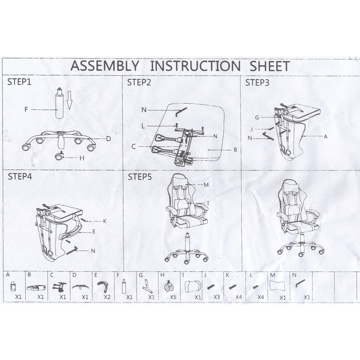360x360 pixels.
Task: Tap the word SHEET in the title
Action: pyautogui.click(x=270, y=66)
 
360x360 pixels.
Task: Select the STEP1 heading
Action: pyautogui.click(x=19, y=82)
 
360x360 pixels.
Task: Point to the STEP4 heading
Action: pyautogui.click(x=20, y=176)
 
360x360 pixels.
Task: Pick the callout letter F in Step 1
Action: pyautogui.click(x=26, y=109)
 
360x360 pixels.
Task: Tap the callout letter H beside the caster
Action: pyautogui.click(x=82, y=158)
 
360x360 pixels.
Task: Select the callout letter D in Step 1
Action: pyautogui.click(x=108, y=139)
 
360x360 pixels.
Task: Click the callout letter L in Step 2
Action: pyautogui.click(x=143, y=126)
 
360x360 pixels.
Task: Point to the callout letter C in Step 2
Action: pyautogui.click(x=134, y=147)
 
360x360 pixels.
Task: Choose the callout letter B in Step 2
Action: pyautogui.click(x=235, y=150)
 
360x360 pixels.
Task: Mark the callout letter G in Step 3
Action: pyautogui.click(x=257, y=118)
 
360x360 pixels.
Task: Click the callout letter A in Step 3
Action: pyautogui.click(x=325, y=136)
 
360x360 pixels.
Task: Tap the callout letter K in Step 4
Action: pyautogui.click(x=105, y=221)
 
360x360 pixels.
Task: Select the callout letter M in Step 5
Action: pyautogui.click(x=206, y=185)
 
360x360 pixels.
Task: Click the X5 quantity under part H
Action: pyautogui.click(x=173, y=297)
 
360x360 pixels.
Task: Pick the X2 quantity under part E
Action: pyautogui.click(x=107, y=297)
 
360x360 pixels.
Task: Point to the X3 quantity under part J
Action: pyautogui.click(x=217, y=297)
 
